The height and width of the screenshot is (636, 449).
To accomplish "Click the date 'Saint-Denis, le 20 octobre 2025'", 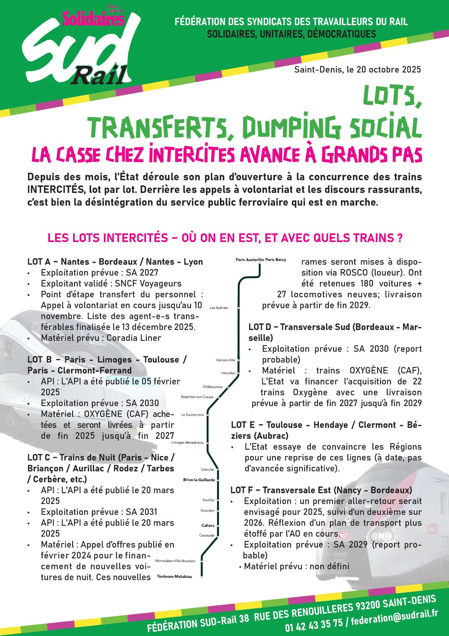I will click(x=357, y=70).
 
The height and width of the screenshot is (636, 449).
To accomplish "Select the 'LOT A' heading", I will click(x=39, y=262).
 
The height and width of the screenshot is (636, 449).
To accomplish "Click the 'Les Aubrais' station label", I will click(x=219, y=308).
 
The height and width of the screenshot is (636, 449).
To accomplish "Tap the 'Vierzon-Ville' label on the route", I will click(x=225, y=360).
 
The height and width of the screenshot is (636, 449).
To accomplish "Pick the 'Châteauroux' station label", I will click(x=213, y=387).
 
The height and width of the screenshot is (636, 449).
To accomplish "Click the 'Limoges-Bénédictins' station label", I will click(x=187, y=443).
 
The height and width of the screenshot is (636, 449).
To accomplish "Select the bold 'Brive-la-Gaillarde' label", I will click(x=199, y=480).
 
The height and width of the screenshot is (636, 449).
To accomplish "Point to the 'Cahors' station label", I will click(x=208, y=525).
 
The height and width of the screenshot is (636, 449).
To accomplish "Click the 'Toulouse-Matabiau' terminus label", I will click(x=174, y=577).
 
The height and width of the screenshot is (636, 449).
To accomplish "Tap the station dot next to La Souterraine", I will click(x=207, y=415).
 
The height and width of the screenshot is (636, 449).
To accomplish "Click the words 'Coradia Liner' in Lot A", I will click(x=134, y=338).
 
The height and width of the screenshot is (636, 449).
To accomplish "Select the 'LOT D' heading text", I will click(x=260, y=327).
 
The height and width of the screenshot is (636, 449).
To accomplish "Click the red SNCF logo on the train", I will click(x=432, y=529).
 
